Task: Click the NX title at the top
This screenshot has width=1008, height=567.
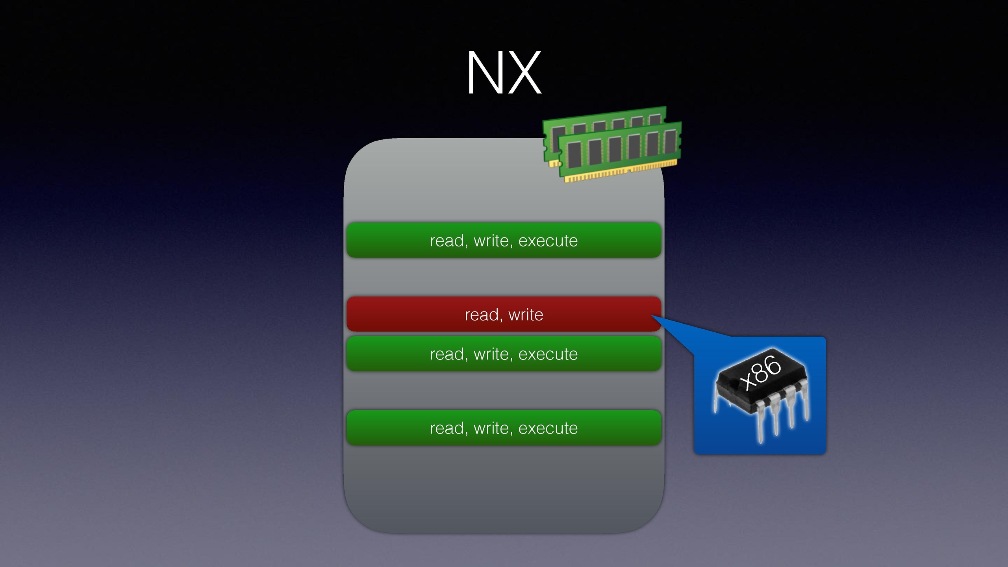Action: [x=504, y=72]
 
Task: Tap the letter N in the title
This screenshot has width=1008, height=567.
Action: [x=484, y=72]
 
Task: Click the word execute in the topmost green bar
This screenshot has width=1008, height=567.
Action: [x=548, y=241]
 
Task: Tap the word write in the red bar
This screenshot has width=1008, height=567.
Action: [x=526, y=315]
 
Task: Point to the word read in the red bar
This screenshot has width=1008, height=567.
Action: [x=481, y=315]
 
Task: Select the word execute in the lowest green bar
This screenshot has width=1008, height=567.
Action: [x=548, y=428]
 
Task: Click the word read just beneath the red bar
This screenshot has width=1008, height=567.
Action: [x=447, y=354]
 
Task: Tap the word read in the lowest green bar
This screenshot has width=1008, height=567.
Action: [x=447, y=428]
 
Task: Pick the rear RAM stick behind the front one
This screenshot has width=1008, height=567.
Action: [x=602, y=118]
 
